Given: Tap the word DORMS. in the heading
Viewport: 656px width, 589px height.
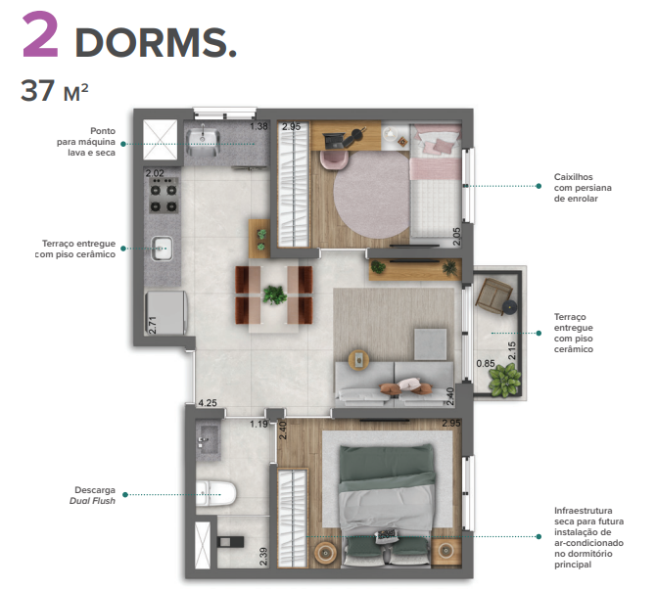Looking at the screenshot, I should (156, 42).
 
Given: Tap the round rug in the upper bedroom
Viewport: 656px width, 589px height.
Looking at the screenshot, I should (371, 191).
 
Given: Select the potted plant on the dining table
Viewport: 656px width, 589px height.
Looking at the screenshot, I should (273, 293).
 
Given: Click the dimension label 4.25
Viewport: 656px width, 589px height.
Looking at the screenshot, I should (207, 401).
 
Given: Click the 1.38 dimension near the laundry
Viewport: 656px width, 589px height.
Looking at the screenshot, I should (258, 126).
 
